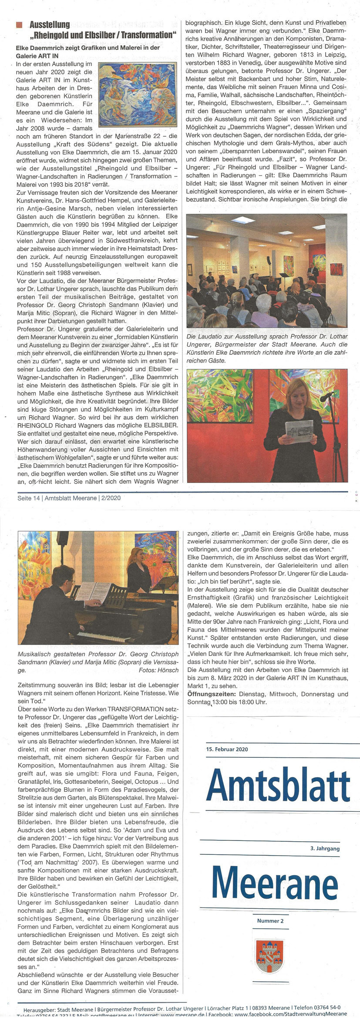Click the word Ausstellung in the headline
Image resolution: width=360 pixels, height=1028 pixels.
pos(50,24)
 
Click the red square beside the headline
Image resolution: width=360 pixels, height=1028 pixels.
pos(19,25)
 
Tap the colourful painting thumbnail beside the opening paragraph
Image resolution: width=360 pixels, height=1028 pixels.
pos(137,94)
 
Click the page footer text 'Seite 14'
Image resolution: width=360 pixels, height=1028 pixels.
pos(28,498)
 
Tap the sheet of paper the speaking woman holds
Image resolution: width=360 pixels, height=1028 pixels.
pos(299,431)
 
